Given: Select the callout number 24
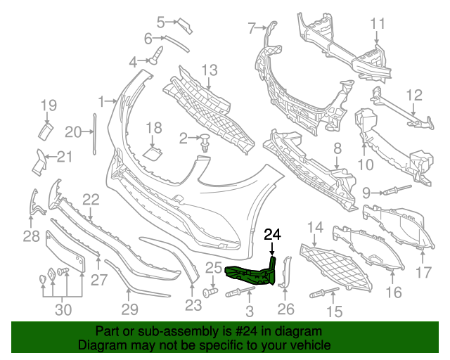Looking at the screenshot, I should tap(272, 234).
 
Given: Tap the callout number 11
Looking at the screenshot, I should tap(378, 25).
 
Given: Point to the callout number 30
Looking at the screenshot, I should tap(63, 309).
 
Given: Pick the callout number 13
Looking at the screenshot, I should tap(210, 70).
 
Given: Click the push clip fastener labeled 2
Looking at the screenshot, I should tap(205, 143).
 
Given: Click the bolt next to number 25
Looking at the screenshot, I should tap(209, 290).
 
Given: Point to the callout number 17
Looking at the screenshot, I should tap(424, 273).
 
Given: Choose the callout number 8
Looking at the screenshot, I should tap(337, 148).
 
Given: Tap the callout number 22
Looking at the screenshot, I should tap(91, 200).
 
